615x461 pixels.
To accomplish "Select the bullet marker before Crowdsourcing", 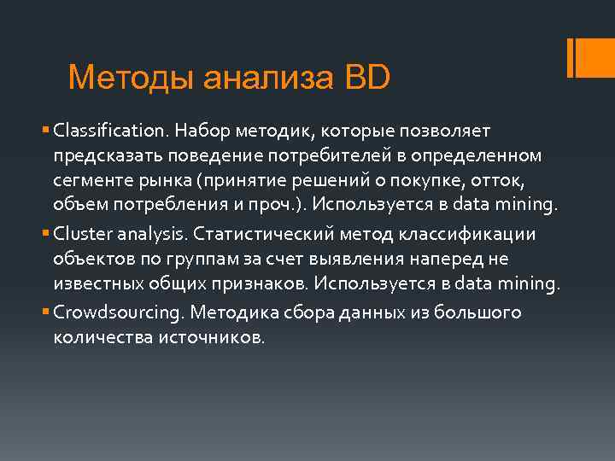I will pos(45,312).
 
